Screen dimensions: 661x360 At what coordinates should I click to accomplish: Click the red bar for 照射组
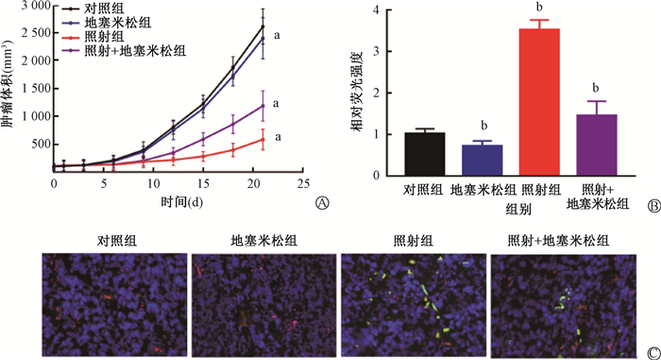(539, 102)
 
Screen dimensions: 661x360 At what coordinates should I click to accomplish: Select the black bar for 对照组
(425, 154)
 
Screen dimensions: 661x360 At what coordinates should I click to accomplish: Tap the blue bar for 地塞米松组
(483, 161)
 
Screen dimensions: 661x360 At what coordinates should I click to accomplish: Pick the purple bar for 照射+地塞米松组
(597, 146)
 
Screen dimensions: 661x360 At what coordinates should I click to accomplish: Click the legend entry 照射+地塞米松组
(124, 51)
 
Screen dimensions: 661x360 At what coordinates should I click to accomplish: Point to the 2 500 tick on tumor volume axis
(36, 33)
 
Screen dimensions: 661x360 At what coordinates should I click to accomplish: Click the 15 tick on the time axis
(203, 183)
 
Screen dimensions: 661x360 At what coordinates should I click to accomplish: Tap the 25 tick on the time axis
(303, 183)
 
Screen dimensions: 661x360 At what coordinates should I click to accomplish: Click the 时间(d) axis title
(181, 202)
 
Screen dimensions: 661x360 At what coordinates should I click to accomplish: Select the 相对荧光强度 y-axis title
(357, 92)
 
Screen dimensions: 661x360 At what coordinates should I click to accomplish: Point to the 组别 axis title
(518, 210)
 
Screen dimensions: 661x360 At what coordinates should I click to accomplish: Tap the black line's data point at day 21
(263, 26)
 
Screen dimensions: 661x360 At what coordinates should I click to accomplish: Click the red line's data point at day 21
(263, 139)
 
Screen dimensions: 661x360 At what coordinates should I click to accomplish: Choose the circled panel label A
(322, 203)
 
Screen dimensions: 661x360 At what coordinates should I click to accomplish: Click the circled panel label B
(653, 206)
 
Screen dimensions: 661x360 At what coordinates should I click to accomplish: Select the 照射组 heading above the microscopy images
(414, 241)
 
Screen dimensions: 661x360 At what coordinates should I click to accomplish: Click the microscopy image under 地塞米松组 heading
(263, 304)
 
